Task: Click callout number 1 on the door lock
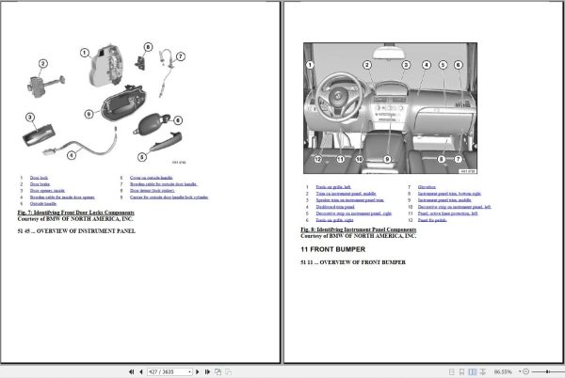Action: click(84, 54)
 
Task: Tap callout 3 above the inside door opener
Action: click(29, 118)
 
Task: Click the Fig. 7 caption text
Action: click(82, 213)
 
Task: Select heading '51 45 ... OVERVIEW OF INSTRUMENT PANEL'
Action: click(77, 229)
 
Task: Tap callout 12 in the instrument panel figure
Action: click(318, 159)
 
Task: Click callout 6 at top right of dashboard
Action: click(458, 65)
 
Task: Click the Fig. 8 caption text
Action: click(358, 228)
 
